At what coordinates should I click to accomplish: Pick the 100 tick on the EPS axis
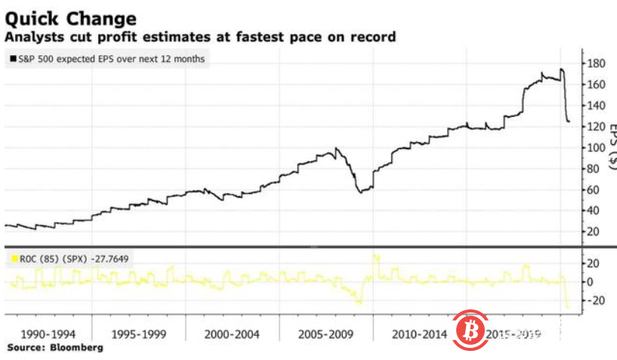click(x=597, y=147)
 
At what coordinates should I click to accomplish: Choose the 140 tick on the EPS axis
click(x=597, y=106)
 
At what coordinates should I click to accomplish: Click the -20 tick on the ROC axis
click(x=597, y=300)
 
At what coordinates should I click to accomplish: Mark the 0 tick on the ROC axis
click(x=594, y=282)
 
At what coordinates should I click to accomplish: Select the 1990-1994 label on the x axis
click(x=48, y=334)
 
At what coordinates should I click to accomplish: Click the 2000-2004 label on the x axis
click(x=233, y=334)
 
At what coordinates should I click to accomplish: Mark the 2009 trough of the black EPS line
click(x=361, y=192)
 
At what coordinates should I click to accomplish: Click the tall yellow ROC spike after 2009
click(x=375, y=258)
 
